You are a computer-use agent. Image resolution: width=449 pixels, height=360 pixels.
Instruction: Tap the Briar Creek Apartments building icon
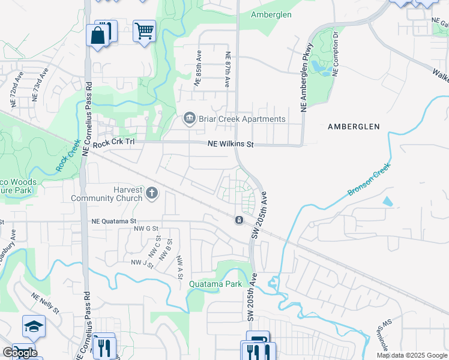[x=190, y=118]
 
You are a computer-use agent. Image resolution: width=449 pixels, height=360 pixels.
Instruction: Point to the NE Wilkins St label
[x=231, y=145]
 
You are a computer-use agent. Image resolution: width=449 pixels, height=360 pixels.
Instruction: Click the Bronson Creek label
[x=369, y=178]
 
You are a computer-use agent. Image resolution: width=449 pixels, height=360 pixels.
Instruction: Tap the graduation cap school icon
[x=34, y=326]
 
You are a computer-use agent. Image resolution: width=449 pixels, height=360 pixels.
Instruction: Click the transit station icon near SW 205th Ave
[x=239, y=221]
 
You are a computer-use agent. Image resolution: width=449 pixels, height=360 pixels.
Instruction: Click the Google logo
[x=20, y=353]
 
